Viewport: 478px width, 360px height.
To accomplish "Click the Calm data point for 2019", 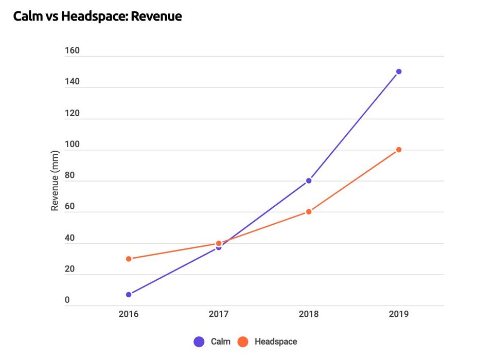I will [x=399, y=71].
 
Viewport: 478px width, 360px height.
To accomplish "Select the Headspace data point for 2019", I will [x=399, y=150].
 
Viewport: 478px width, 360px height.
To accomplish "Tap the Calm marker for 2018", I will [x=309, y=181].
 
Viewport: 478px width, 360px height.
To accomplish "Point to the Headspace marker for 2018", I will [x=309, y=211].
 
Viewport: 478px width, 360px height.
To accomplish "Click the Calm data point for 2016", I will [x=129, y=295].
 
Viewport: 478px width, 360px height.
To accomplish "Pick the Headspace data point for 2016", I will [x=129, y=259].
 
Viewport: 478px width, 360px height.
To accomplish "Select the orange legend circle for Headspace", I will [x=243, y=341].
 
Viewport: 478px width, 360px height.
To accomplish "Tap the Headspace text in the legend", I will [x=276, y=341].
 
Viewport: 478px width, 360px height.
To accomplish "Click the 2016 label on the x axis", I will [x=129, y=314].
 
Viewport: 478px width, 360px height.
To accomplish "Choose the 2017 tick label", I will [x=219, y=314].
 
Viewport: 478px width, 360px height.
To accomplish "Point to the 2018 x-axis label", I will [x=309, y=314].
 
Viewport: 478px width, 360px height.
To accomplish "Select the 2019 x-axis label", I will [x=399, y=314].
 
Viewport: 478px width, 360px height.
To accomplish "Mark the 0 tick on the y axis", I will [x=67, y=301].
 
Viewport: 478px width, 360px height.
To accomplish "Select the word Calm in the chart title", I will [x=28, y=16].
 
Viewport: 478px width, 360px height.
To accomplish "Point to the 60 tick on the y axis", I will [x=70, y=207].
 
